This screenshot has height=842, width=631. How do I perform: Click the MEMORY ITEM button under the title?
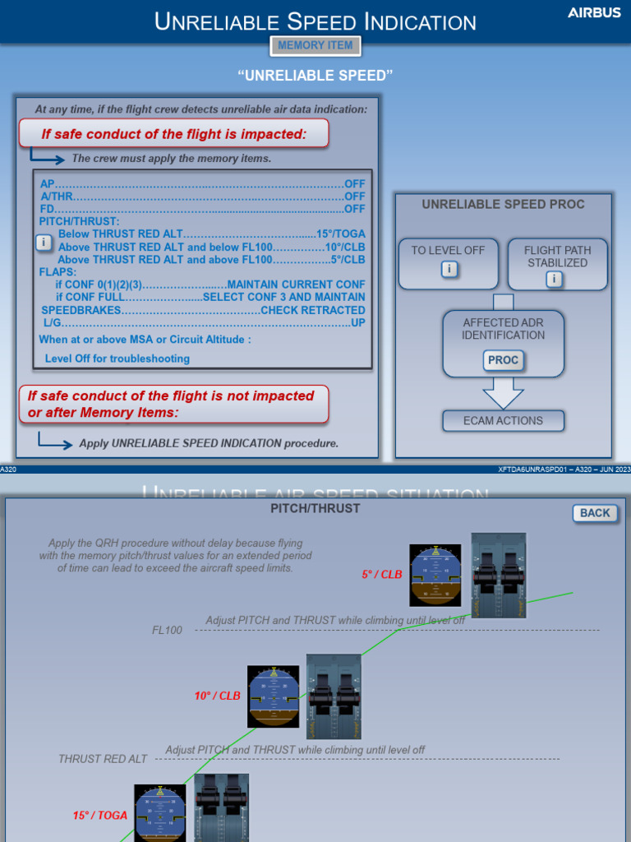[315, 46]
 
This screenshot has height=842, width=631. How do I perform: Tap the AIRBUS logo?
[594, 13]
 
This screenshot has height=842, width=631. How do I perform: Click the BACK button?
[595, 513]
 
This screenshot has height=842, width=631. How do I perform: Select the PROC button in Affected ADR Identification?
[503, 360]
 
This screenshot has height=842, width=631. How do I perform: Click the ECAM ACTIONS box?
[503, 421]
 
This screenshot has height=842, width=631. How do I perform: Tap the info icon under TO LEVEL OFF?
[448, 270]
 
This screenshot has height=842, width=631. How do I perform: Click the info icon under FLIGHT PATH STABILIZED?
[555, 280]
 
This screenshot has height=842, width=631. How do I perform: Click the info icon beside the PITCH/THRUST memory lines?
[43, 243]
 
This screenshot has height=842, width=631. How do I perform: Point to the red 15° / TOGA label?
[100, 816]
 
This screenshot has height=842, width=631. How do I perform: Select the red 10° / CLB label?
[218, 696]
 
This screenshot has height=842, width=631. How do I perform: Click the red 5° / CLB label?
[382, 575]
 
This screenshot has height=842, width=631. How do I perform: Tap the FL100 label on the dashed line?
[167, 631]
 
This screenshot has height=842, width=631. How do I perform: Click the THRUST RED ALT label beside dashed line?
[103, 759]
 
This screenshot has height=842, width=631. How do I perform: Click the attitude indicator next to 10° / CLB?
[274, 696]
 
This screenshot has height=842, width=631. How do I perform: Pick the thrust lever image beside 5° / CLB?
[499, 576]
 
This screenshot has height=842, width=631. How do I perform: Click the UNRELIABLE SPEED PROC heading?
[503, 205]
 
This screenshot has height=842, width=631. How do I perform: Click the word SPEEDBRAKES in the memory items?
[81, 310]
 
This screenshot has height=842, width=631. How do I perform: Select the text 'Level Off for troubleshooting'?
[117, 359]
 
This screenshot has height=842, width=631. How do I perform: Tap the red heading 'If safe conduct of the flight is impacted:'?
[174, 134]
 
